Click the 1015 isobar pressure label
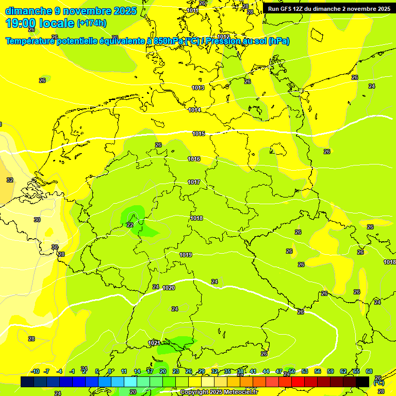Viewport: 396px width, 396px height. coord(199,134)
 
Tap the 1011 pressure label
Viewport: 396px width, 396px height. coord(193,10)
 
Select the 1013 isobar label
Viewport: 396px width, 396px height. coord(198,88)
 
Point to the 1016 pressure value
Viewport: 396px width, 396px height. coord(194,159)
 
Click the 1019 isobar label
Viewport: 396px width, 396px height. coord(186,255)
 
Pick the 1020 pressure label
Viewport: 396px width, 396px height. coord(169,288)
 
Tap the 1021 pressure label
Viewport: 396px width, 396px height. coord(154,343)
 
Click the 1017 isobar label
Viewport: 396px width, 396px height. coord(194,183)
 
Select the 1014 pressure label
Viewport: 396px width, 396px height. coord(194,110)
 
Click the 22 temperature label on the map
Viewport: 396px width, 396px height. coord(130,225)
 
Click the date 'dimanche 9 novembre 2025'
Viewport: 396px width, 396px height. coord(71,11)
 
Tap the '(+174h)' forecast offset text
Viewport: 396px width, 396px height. coord(91,23)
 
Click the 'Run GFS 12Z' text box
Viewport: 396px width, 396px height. coord(328,9)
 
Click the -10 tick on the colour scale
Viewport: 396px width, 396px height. coord(35,372)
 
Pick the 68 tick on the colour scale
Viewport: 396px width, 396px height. coord(369,372)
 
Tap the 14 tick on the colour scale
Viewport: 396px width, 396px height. coord(137,372)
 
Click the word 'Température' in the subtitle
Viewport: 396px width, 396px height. coord(30,41)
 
